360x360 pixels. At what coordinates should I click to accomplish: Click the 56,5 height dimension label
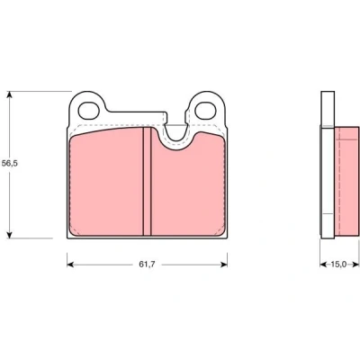click(x=10, y=164)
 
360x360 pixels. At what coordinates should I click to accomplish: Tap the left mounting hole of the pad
click(x=89, y=111)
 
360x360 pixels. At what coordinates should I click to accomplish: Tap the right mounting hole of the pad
click(x=205, y=111)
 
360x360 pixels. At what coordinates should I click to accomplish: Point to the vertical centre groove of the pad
click(x=147, y=181)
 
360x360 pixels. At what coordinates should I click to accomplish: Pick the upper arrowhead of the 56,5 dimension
click(x=10, y=94)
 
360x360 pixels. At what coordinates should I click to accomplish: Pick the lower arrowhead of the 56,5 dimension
click(x=10, y=235)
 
